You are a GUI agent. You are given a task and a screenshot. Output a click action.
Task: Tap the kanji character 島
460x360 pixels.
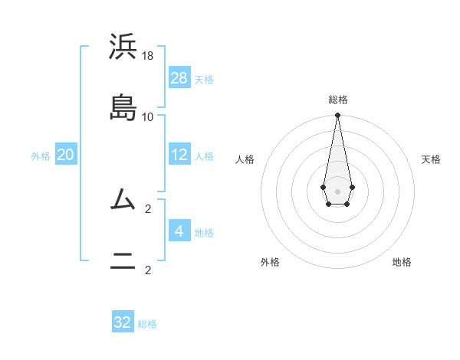click(x=123, y=106)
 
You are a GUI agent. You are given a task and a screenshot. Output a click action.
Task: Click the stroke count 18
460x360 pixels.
click(x=148, y=56)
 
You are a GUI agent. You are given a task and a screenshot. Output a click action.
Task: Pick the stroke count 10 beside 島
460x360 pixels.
click(x=148, y=117)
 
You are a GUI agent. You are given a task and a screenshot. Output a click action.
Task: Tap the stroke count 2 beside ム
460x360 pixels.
click(x=148, y=208)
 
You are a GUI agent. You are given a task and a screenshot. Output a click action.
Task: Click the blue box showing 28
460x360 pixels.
click(x=179, y=77)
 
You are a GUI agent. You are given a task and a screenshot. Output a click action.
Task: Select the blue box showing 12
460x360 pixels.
click(x=179, y=155)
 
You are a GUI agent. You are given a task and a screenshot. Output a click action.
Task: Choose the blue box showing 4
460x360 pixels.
click(x=179, y=231)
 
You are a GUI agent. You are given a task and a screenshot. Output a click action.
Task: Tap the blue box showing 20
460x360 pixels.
click(x=66, y=155)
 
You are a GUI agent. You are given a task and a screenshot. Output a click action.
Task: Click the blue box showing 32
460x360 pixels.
click(x=123, y=322)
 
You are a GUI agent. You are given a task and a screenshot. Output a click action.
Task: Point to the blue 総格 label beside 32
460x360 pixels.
click(x=148, y=324)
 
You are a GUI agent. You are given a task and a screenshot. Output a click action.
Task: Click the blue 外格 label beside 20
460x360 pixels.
click(x=41, y=156)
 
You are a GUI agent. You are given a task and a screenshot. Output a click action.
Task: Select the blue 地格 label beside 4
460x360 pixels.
click(x=204, y=232)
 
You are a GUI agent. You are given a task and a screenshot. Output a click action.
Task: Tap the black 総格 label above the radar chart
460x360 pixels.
click(x=338, y=100)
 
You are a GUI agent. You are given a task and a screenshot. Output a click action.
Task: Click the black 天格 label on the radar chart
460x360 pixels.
click(x=432, y=159)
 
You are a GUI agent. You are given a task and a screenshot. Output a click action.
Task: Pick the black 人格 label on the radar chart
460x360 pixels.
click(x=245, y=159)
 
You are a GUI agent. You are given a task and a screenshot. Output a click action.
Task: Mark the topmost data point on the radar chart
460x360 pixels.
click(x=337, y=116)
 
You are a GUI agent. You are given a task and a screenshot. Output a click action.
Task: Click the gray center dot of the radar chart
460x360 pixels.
click(x=337, y=191)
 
